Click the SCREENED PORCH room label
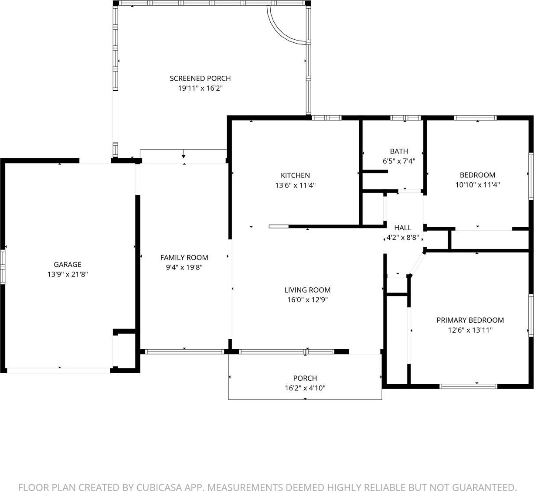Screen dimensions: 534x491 point(200,78)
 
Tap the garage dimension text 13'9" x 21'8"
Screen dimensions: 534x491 point(68,274)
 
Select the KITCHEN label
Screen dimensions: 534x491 point(295,175)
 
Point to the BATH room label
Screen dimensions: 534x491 point(399,151)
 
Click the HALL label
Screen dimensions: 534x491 point(402,228)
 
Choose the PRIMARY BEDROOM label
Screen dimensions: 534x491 point(470,320)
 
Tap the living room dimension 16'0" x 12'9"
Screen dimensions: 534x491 point(307,300)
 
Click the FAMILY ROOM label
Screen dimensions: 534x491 point(184,258)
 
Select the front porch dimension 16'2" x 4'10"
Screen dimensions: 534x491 point(305,388)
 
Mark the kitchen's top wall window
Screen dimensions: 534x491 point(327,118)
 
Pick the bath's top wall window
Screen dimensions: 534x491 point(405,118)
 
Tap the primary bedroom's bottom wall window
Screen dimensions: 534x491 point(468,386)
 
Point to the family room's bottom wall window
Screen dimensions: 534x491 point(184,351)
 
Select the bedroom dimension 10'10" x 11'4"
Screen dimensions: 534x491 point(478,184)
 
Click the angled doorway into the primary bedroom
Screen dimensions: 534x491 point(417,263)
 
